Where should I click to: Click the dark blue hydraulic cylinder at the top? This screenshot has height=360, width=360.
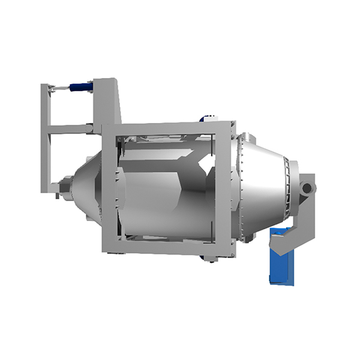pyautogui.click(x=80, y=87)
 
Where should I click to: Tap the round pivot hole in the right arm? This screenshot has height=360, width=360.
pyautogui.click(x=307, y=188)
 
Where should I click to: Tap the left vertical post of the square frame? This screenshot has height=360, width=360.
pyautogui.click(x=109, y=189)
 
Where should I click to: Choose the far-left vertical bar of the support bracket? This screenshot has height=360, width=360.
pyautogui.click(x=44, y=138)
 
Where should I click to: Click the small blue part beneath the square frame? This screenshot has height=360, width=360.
pyautogui.click(x=207, y=259)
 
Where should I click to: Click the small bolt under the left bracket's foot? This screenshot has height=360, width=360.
pyautogui.click(x=56, y=195)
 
